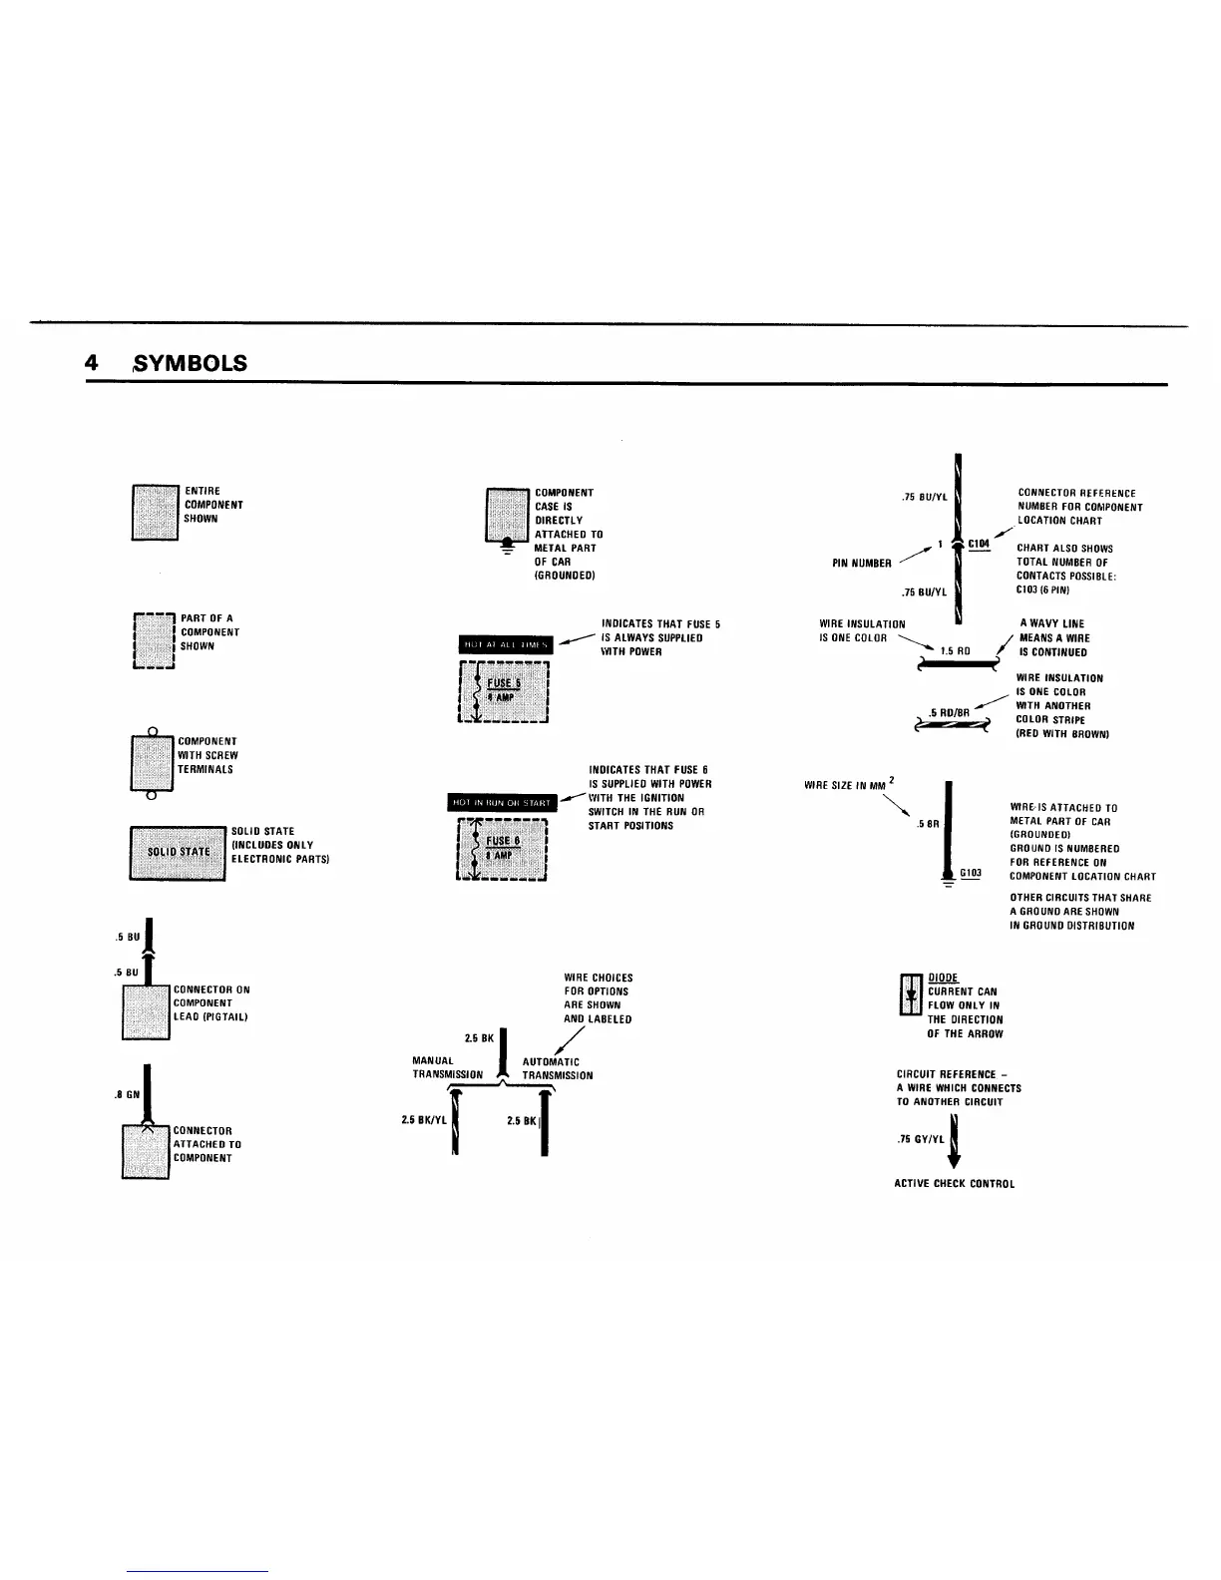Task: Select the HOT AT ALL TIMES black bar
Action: [x=505, y=644]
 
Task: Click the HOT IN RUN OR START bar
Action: [x=502, y=803]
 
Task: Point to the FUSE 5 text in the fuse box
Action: [x=503, y=682]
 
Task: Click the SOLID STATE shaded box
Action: [x=179, y=852]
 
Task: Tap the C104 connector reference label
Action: [x=979, y=544]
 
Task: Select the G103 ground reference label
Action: [x=971, y=873]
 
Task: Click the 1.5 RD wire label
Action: [x=956, y=650]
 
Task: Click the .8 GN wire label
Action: [x=126, y=1094]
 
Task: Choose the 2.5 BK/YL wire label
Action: [x=422, y=1120]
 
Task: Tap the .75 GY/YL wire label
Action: [x=920, y=1138]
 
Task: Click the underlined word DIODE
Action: [x=943, y=978]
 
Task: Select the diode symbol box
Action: [x=911, y=994]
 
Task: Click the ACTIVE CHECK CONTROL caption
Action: [x=954, y=1184]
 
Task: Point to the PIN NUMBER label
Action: [x=861, y=564]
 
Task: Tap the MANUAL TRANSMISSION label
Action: [x=447, y=1068]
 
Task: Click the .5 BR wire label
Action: [x=929, y=824]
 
